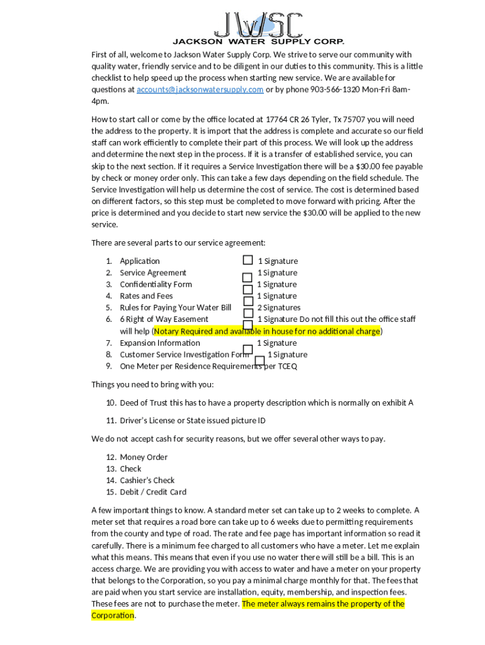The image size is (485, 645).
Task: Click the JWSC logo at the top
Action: (x=258, y=25)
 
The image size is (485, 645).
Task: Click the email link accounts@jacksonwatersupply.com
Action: (x=200, y=89)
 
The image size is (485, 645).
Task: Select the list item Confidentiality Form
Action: (x=156, y=284)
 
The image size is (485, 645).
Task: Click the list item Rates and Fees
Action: (x=146, y=296)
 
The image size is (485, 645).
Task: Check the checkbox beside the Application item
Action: (x=248, y=260)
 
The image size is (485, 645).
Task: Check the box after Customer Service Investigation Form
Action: (x=260, y=360)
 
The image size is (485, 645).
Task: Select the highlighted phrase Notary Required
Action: (x=183, y=331)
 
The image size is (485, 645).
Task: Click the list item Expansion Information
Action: (x=160, y=343)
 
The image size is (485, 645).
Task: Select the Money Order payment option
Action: (x=144, y=457)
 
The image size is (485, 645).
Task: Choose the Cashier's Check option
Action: (x=147, y=481)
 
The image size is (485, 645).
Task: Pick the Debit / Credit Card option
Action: (x=153, y=492)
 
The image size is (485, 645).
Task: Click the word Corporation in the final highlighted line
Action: (x=113, y=615)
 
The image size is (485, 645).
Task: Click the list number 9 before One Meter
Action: (x=108, y=366)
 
